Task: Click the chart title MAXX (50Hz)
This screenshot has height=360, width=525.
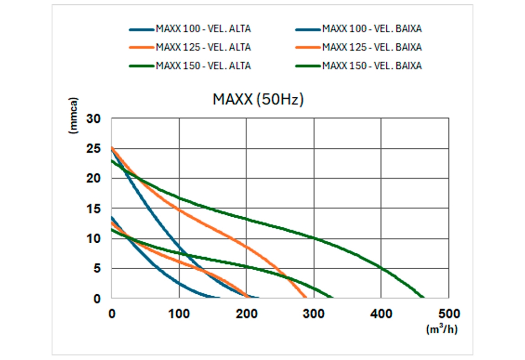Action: point(257,100)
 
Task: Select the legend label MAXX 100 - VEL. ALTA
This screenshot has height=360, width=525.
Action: point(203,29)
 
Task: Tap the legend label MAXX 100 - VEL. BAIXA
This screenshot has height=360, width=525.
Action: point(372,29)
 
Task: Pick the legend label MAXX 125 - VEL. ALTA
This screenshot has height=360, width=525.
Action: point(203,47)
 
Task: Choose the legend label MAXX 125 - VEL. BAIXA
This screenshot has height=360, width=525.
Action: point(372,47)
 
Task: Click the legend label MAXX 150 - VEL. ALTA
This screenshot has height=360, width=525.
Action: point(203,66)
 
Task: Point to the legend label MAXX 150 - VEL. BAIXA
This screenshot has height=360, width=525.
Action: point(372,66)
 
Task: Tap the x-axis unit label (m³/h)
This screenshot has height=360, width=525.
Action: point(441,329)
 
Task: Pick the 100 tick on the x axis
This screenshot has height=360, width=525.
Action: point(179,314)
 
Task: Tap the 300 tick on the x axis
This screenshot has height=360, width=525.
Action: point(314,314)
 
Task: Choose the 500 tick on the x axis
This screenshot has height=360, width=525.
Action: point(448,314)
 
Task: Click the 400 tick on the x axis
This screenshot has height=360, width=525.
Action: point(381,314)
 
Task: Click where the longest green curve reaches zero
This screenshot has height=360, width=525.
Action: point(211,298)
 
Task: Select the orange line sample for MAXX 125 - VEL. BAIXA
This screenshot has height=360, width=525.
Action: point(308,47)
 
